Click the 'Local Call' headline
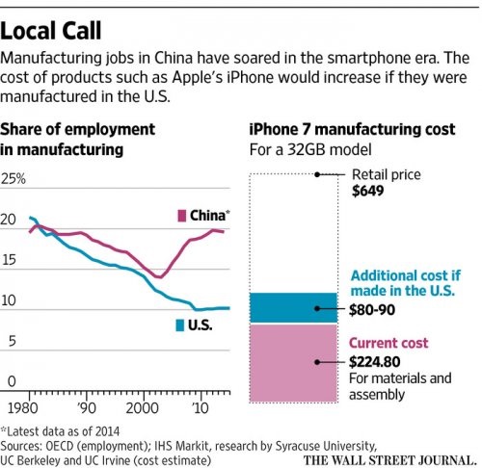[51, 31]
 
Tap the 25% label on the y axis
[13, 179]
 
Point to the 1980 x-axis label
[22, 408]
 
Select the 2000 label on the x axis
[143, 408]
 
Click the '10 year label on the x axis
[201, 408]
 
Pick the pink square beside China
[182, 216]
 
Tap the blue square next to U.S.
[180, 325]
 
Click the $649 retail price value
[368, 191]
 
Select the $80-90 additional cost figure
[372, 310]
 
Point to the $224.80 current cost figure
[375, 362]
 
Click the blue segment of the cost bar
[294, 307]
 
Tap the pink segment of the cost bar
[294, 363]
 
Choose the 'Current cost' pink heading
[388, 343]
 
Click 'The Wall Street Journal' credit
[389, 460]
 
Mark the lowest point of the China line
[159, 277]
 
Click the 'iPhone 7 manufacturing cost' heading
[352, 129]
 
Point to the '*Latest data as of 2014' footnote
[60, 431]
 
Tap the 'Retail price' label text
[387, 174]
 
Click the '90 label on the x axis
[87, 408]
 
